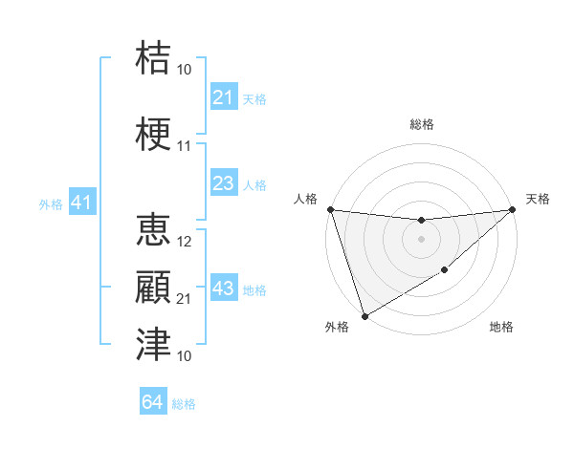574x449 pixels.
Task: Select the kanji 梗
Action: point(153,135)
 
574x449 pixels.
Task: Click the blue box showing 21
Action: point(224,97)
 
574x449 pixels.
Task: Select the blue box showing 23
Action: point(224,183)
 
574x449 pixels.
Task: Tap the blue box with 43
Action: point(224,289)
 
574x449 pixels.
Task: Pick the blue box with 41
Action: point(81,203)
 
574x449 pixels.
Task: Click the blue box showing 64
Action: point(153,402)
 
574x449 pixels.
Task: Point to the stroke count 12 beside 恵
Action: point(185,242)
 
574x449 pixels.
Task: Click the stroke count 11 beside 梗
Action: point(185,146)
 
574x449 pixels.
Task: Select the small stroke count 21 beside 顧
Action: point(185,299)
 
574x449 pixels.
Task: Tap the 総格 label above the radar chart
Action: point(421,124)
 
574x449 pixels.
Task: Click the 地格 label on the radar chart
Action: point(501,327)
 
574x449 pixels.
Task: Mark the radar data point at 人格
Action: point(330,209)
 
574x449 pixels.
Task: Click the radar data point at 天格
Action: point(512,209)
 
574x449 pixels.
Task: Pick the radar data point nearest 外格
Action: point(364,315)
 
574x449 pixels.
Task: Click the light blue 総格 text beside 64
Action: point(184,403)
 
